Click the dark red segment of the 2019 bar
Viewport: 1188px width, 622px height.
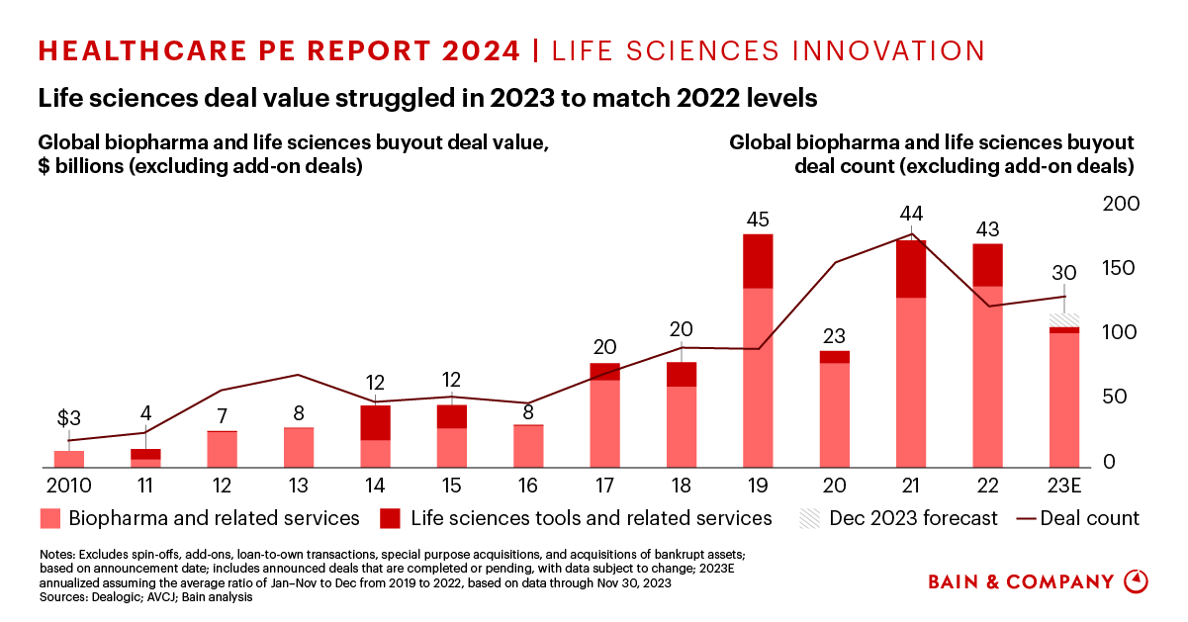click(758, 261)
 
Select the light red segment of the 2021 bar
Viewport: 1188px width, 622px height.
click(911, 382)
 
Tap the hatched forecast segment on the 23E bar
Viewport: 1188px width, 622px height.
click(1064, 319)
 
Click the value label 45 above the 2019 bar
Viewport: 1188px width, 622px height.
click(759, 220)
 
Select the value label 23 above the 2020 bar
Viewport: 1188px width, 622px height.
click(835, 335)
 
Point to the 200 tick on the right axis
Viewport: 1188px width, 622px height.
click(1122, 204)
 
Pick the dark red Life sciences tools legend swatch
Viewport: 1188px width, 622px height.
click(391, 518)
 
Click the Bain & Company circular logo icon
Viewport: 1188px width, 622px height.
click(1139, 581)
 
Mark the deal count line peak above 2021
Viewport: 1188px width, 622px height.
click(911, 235)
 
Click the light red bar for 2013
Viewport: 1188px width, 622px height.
click(299, 447)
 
